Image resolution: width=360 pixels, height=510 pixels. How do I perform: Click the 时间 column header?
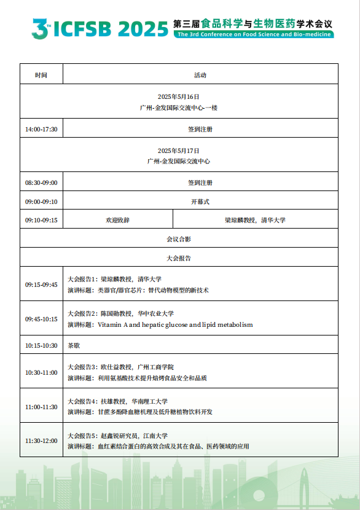pos(41,75)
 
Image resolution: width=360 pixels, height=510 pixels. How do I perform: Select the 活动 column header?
pos(200,75)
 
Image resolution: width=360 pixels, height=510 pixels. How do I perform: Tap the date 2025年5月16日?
pos(179,97)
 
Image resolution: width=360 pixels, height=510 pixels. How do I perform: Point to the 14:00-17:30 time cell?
pos(41,129)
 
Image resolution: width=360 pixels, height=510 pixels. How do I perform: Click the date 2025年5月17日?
pos(179,151)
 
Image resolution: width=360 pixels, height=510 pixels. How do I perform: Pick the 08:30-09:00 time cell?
pos(41,182)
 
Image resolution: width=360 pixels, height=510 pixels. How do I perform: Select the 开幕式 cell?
pos(200,202)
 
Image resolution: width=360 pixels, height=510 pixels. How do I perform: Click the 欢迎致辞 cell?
pos(118,220)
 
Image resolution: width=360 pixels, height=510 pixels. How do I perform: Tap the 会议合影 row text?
pos(179,239)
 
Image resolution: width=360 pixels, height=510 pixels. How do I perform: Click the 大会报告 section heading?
pos(179,258)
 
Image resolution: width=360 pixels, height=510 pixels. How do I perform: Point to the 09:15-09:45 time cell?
pos(41,284)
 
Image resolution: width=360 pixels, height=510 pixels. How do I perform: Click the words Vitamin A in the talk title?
pos(112,324)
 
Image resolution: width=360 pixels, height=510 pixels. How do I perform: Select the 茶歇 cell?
pos(73,345)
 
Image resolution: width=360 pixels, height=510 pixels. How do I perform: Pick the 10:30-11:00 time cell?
pos(41,372)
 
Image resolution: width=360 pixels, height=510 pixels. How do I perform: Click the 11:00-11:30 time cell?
pos(41,406)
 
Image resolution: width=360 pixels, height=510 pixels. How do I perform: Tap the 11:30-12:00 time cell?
pos(41,441)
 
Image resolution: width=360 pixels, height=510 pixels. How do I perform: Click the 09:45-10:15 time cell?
pos(41,319)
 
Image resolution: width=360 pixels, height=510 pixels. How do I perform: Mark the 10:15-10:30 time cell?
pos(41,345)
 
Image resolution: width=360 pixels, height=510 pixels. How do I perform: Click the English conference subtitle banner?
pos(254,35)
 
